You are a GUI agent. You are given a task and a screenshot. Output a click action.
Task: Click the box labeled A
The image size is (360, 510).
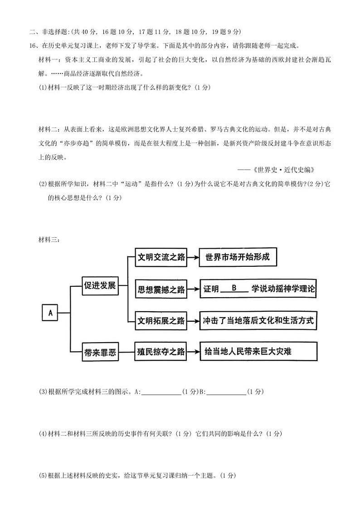pyautogui.click(x=50, y=312)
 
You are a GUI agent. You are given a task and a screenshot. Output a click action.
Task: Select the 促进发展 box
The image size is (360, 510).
pyautogui.click(x=100, y=286)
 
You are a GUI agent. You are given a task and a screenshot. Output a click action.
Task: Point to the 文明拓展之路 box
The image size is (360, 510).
pyautogui.click(x=162, y=320)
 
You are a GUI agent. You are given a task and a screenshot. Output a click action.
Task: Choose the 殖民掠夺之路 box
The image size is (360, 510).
pyautogui.click(x=162, y=351)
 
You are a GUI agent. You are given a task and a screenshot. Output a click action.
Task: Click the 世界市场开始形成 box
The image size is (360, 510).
pyautogui.click(x=238, y=257)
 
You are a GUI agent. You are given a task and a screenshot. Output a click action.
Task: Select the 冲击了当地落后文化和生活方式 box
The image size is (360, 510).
pyautogui.click(x=258, y=320)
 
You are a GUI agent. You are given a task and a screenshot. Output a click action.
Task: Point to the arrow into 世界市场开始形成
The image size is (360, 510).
pyautogui.click(x=194, y=257)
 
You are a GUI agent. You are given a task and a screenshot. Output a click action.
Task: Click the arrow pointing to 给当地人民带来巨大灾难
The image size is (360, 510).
pyautogui.click(x=194, y=351)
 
